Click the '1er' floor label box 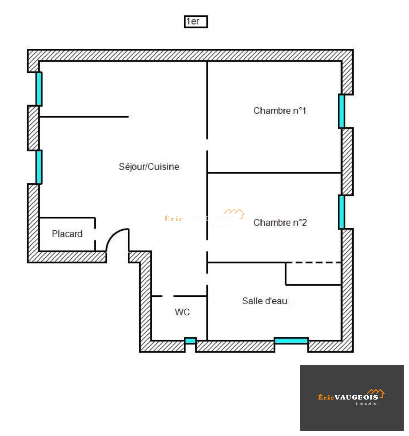tap(196, 21)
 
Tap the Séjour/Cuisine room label tap(149, 167)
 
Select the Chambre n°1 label tap(280, 111)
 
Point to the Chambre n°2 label tap(280, 222)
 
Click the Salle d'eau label tap(265, 301)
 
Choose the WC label tap(182, 312)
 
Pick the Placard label tap(67, 234)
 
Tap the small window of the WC tap(190, 340)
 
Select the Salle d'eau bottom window tap(291, 340)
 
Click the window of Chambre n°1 tap(342, 111)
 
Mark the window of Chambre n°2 tap(342, 212)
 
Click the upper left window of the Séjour tap(39, 89)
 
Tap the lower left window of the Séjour tap(39, 167)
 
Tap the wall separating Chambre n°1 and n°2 tap(274, 173)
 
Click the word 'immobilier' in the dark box tap(367, 403)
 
